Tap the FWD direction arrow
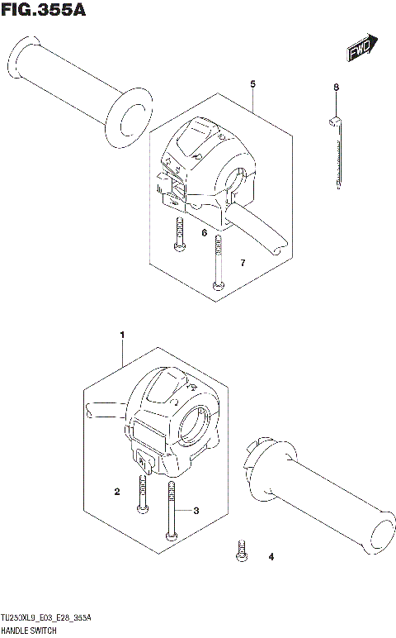361,49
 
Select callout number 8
336,88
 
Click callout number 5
252,83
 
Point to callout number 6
204,234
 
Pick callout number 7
243,263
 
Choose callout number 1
121,335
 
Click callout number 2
117,493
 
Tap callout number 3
196,512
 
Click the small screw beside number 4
242,550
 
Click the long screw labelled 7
218,262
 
